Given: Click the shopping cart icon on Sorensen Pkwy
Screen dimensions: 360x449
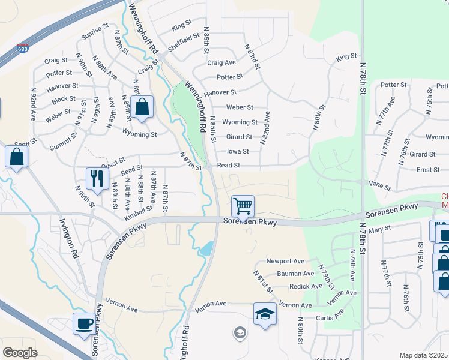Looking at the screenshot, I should coord(243,206).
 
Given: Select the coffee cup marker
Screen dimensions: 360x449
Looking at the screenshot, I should coord(84,324).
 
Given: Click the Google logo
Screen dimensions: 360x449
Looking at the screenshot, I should coord(20,352).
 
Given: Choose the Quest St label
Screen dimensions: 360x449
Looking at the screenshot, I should coord(112,162).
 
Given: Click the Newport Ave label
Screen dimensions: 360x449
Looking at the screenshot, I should coord(286,262).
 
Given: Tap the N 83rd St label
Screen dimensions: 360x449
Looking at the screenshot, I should coord(253,56).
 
